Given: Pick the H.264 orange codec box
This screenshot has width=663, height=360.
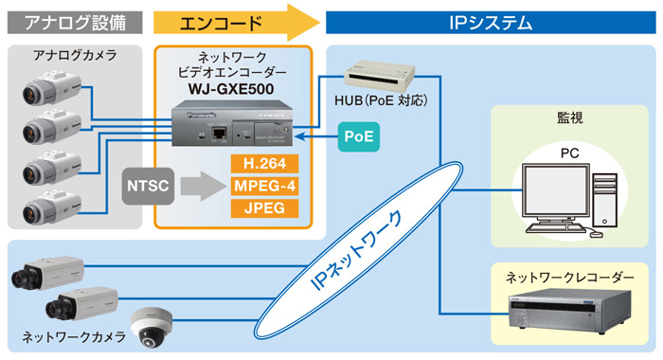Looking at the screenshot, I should [264, 163].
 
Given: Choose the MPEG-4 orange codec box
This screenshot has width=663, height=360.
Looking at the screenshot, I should [264, 185].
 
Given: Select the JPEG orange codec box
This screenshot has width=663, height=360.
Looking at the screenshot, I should [264, 207].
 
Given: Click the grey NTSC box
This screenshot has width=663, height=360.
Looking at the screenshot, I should [146, 186].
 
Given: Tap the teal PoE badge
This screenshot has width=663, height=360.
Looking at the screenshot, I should [359, 136].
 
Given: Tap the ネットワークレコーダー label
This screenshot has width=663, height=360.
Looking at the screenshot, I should [569, 276].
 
